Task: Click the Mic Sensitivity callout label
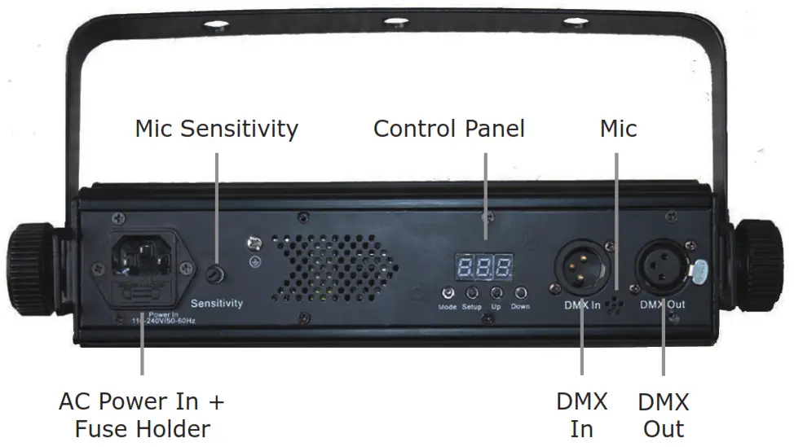pyautogui.click(x=216, y=129)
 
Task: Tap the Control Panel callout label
pyautogui.click(x=448, y=129)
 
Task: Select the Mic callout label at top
pyautogui.click(x=618, y=129)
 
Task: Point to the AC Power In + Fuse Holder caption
pyautogui.click(x=142, y=415)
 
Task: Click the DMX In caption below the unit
pyautogui.click(x=581, y=415)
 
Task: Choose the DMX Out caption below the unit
pyautogui.click(x=664, y=415)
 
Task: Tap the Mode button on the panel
pyautogui.click(x=448, y=294)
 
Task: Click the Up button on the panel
pyautogui.click(x=496, y=294)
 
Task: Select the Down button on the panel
pyautogui.click(x=520, y=294)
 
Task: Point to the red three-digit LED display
pyautogui.click(x=484, y=265)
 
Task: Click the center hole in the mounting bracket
pyautogui.click(x=395, y=21)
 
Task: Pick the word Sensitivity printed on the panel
pyautogui.click(x=217, y=304)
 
